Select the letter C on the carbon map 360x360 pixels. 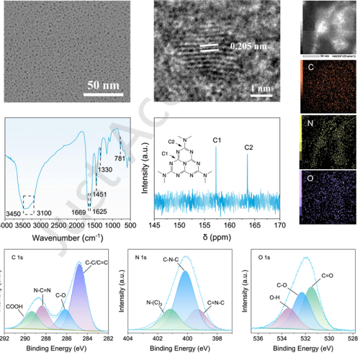click(x=311, y=69)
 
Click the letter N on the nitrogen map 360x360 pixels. click(x=311, y=132)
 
